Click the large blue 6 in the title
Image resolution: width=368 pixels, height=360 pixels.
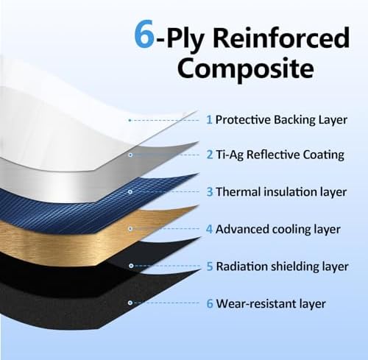tap(144, 34)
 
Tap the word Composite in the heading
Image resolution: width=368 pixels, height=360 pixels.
tap(246, 68)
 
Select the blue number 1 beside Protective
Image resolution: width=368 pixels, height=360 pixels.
tap(209, 120)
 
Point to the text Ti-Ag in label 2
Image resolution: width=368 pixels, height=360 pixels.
tap(230, 155)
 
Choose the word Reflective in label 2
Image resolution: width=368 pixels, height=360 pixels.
tap(273, 155)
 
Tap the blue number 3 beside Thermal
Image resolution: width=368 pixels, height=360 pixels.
tap(210, 192)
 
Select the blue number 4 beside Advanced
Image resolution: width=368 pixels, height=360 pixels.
tap(209, 229)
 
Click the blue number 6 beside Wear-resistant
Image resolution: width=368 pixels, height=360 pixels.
tap(210, 303)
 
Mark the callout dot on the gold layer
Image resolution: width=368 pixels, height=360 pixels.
tap(130, 229)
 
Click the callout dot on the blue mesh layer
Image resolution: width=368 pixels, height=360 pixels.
tap(130, 191)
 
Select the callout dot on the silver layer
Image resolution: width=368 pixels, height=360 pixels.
tap(130, 155)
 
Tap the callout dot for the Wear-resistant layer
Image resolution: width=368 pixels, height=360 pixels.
tap(130, 303)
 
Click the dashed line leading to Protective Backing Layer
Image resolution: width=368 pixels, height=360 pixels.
tap(164, 120)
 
